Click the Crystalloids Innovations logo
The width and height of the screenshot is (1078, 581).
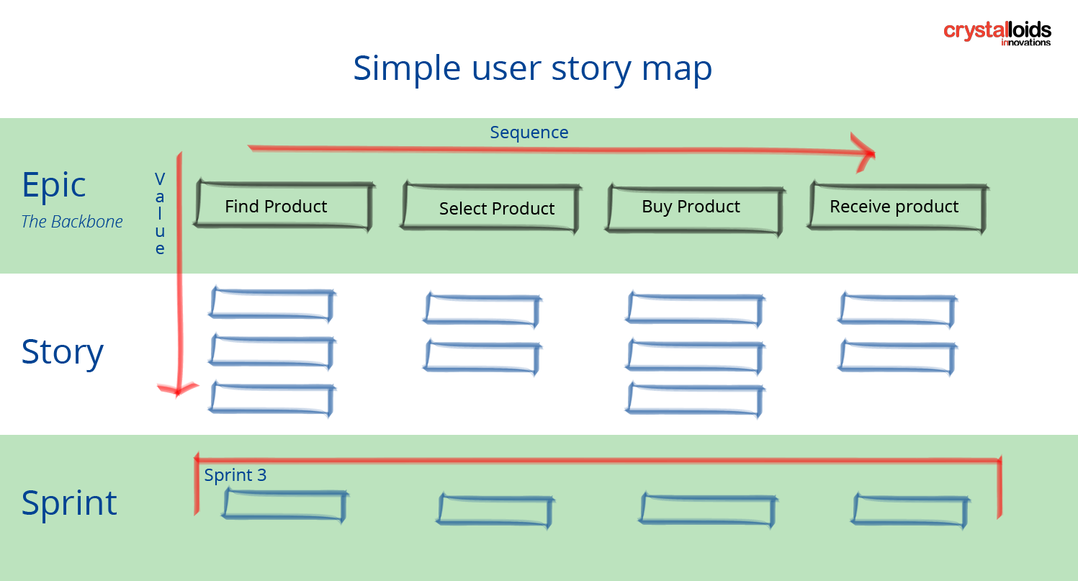(x=997, y=33)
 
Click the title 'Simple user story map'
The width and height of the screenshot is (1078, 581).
(x=532, y=68)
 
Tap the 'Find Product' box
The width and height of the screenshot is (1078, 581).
(x=283, y=207)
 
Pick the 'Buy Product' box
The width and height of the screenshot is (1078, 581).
(x=693, y=207)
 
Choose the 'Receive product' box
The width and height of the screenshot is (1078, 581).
(x=896, y=207)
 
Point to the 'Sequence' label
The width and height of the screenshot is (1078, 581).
(x=529, y=132)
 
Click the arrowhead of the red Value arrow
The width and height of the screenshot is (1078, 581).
(x=177, y=389)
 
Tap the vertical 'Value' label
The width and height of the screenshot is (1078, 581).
(x=160, y=214)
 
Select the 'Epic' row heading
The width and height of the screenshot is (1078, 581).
(x=54, y=185)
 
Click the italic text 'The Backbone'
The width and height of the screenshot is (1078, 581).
(x=72, y=222)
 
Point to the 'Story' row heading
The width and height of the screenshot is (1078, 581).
(x=63, y=352)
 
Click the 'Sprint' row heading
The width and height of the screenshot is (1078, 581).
(x=69, y=503)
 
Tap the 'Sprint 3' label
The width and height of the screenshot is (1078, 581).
(x=235, y=475)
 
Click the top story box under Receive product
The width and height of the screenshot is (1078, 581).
(x=897, y=308)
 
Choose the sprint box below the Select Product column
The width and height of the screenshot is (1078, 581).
(x=495, y=510)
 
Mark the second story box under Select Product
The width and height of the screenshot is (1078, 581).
(x=482, y=356)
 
